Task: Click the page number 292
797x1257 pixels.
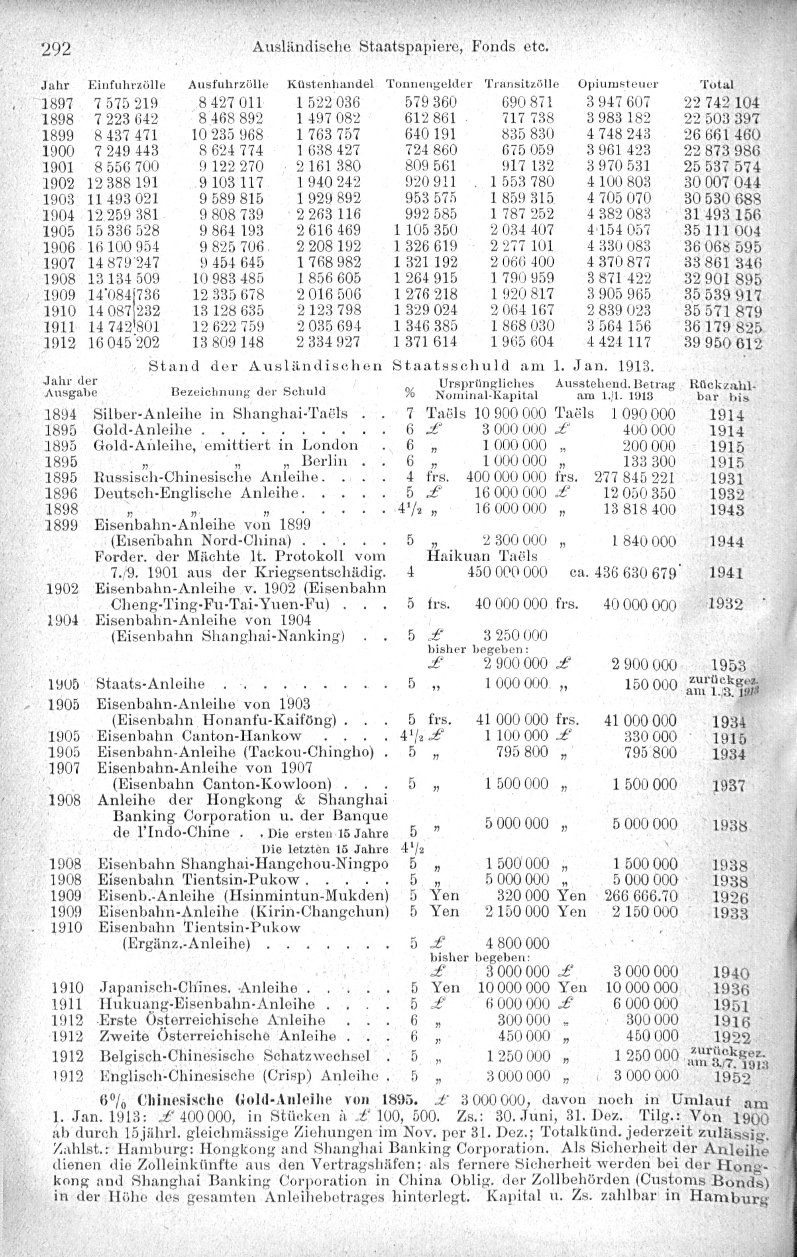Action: click(x=56, y=49)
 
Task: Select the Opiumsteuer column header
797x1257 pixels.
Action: click(x=618, y=84)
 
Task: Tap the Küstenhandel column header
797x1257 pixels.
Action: click(x=331, y=84)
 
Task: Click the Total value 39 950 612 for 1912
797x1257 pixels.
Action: click(x=723, y=344)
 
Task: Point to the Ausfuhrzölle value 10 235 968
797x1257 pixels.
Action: click(x=228, y=134)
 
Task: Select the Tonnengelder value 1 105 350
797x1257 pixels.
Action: click(x=425, y=230)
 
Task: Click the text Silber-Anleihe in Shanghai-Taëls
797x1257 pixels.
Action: click(x=220, y=414)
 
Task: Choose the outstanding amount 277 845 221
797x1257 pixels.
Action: click(x=634, y=477)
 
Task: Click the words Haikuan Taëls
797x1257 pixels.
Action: click(x=482, y=556)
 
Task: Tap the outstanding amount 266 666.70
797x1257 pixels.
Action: click(x=641, y=896)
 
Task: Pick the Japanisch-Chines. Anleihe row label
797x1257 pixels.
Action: click(x=198, y=988)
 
